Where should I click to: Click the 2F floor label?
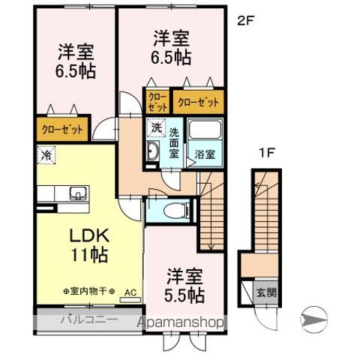pos(247,21)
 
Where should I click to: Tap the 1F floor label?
pos(265,154)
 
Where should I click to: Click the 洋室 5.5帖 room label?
pos(185,286)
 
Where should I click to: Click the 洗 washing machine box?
pos(156,127)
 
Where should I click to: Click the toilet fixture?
pos(169,208)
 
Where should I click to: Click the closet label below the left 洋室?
pos(61,128)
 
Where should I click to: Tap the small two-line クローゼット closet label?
pos(157,102)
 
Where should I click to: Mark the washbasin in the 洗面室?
pos(152,153)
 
